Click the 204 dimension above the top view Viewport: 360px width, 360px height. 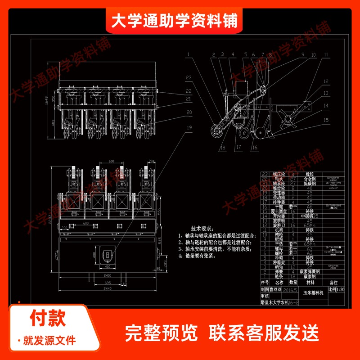pyautogui.click(x=151, y=160)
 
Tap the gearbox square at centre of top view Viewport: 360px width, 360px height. pyautogui.click(x=108, y=255)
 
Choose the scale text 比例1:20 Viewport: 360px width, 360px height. pyautogui.click(x=336, y=290)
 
